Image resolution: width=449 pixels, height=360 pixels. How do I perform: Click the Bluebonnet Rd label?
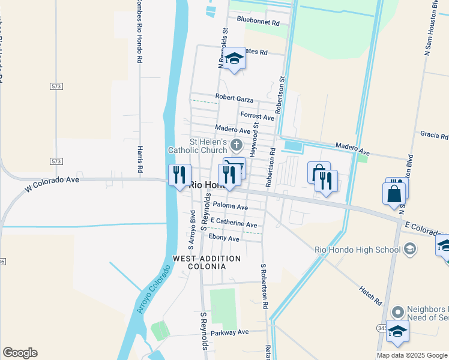click(x=258, y=22)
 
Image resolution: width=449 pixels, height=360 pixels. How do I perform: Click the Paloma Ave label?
click(x=226, y=207)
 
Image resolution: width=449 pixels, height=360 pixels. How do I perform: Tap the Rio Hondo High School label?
click(x=358, y=250)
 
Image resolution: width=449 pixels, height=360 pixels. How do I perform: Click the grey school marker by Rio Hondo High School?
click(x=410, y=248)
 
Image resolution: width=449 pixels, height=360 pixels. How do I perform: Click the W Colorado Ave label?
click(x=52, y=183)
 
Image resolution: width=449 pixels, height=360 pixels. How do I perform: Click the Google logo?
click(x=20, y=353)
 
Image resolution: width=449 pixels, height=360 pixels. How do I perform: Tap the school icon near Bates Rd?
click(x=234, y=59)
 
